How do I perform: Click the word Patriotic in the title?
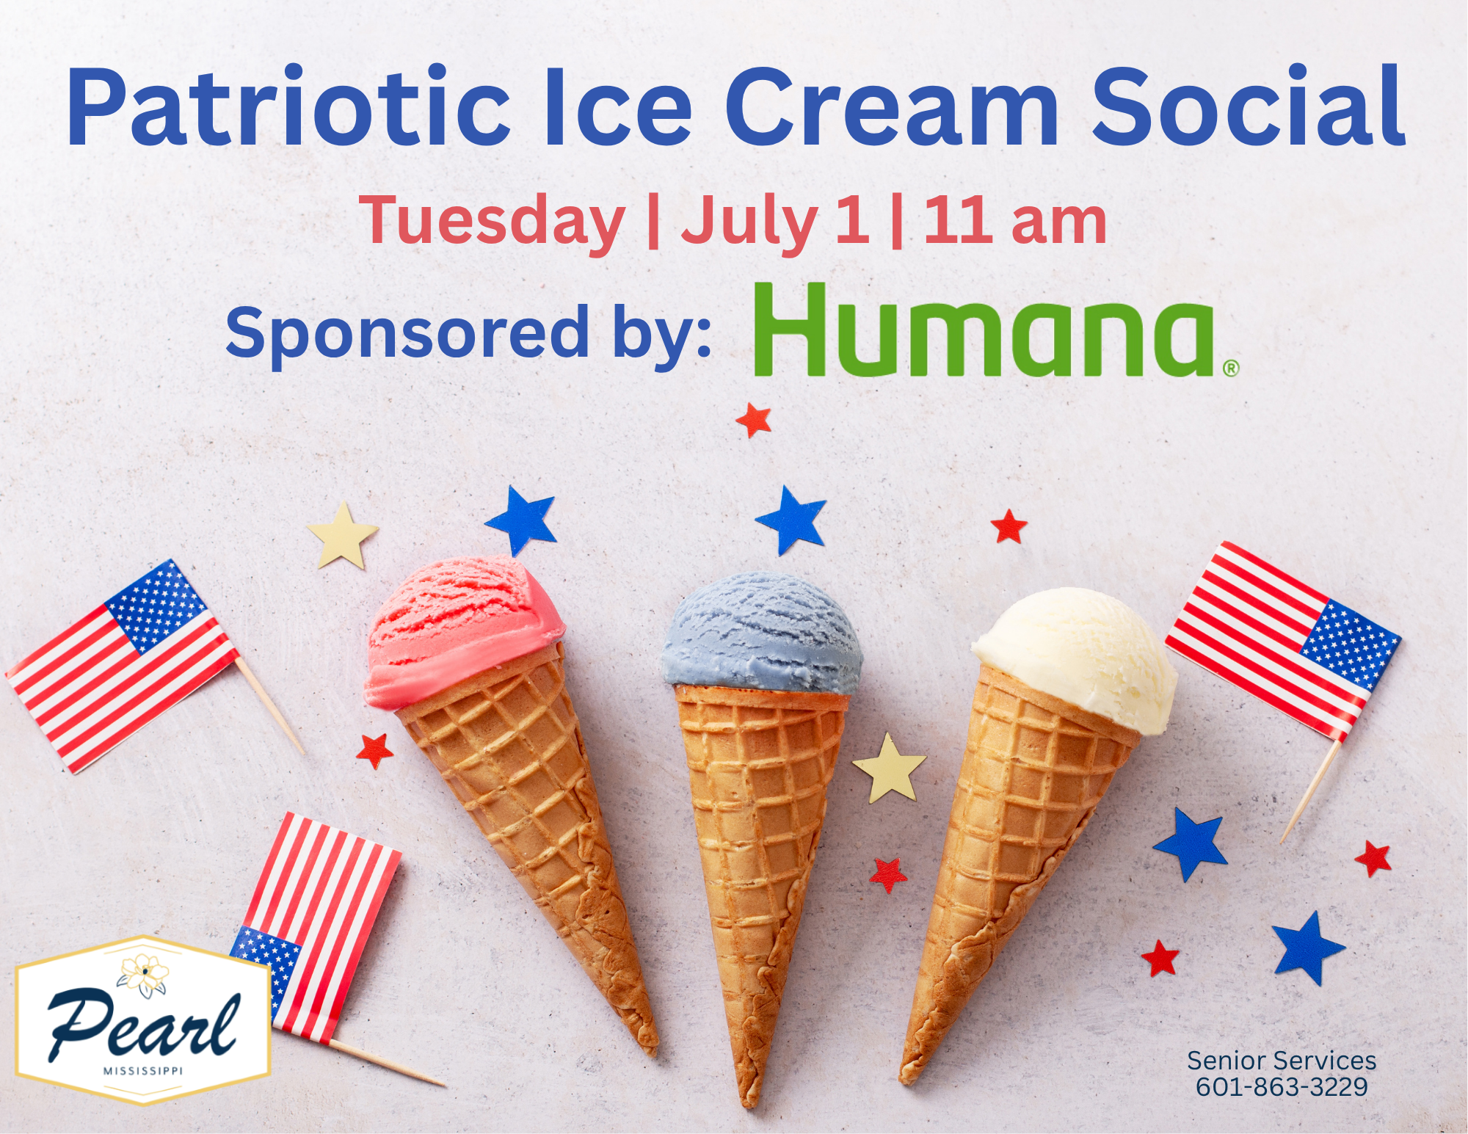pyautogui.click(x=288, y=107)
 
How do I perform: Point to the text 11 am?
pyautogui.click(x=1015, y=219)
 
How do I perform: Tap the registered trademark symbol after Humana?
pyautogui.click(x=1231, y=367)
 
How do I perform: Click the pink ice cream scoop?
pyautogui.click(x=464, y=631)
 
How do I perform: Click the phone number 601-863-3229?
pyautogui.click(x=1282, y=1087)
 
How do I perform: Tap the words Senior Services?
pyautogui.click(x=1282, y=1061)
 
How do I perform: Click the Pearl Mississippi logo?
pyautogui.click(x=143, y=1020)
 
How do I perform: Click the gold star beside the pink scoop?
pyautogui.click(x=342, y=534)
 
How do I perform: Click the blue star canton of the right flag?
pyautogui.click(x=1349, y=644)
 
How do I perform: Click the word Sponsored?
pyautogui.click(x=407, y=334)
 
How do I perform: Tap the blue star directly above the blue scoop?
pyautogui.click(x=791, y=518)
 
